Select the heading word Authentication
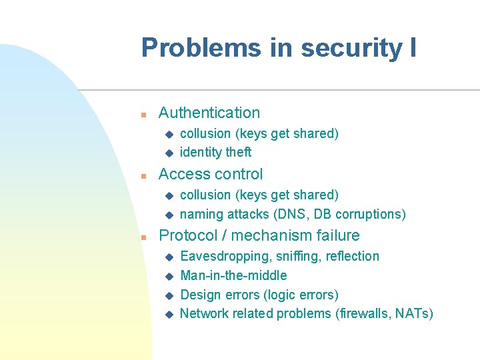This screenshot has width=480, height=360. pos(209,113)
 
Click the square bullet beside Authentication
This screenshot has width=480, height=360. pos(143,114)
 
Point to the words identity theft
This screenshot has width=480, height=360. pos(216,153)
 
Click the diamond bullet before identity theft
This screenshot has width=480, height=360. pos(169,153)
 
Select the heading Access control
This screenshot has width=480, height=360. pos(211,175)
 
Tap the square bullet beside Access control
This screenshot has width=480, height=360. pos(143,175)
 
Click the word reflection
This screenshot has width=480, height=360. pos(353,257)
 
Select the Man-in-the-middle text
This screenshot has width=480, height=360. pos(234,275)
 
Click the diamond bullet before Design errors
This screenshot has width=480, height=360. pos(169,295)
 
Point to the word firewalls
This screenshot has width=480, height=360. pos(363,314)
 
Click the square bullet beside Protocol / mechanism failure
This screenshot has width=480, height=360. pos(143,237)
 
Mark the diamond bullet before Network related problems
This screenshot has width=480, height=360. pos(169,314)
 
